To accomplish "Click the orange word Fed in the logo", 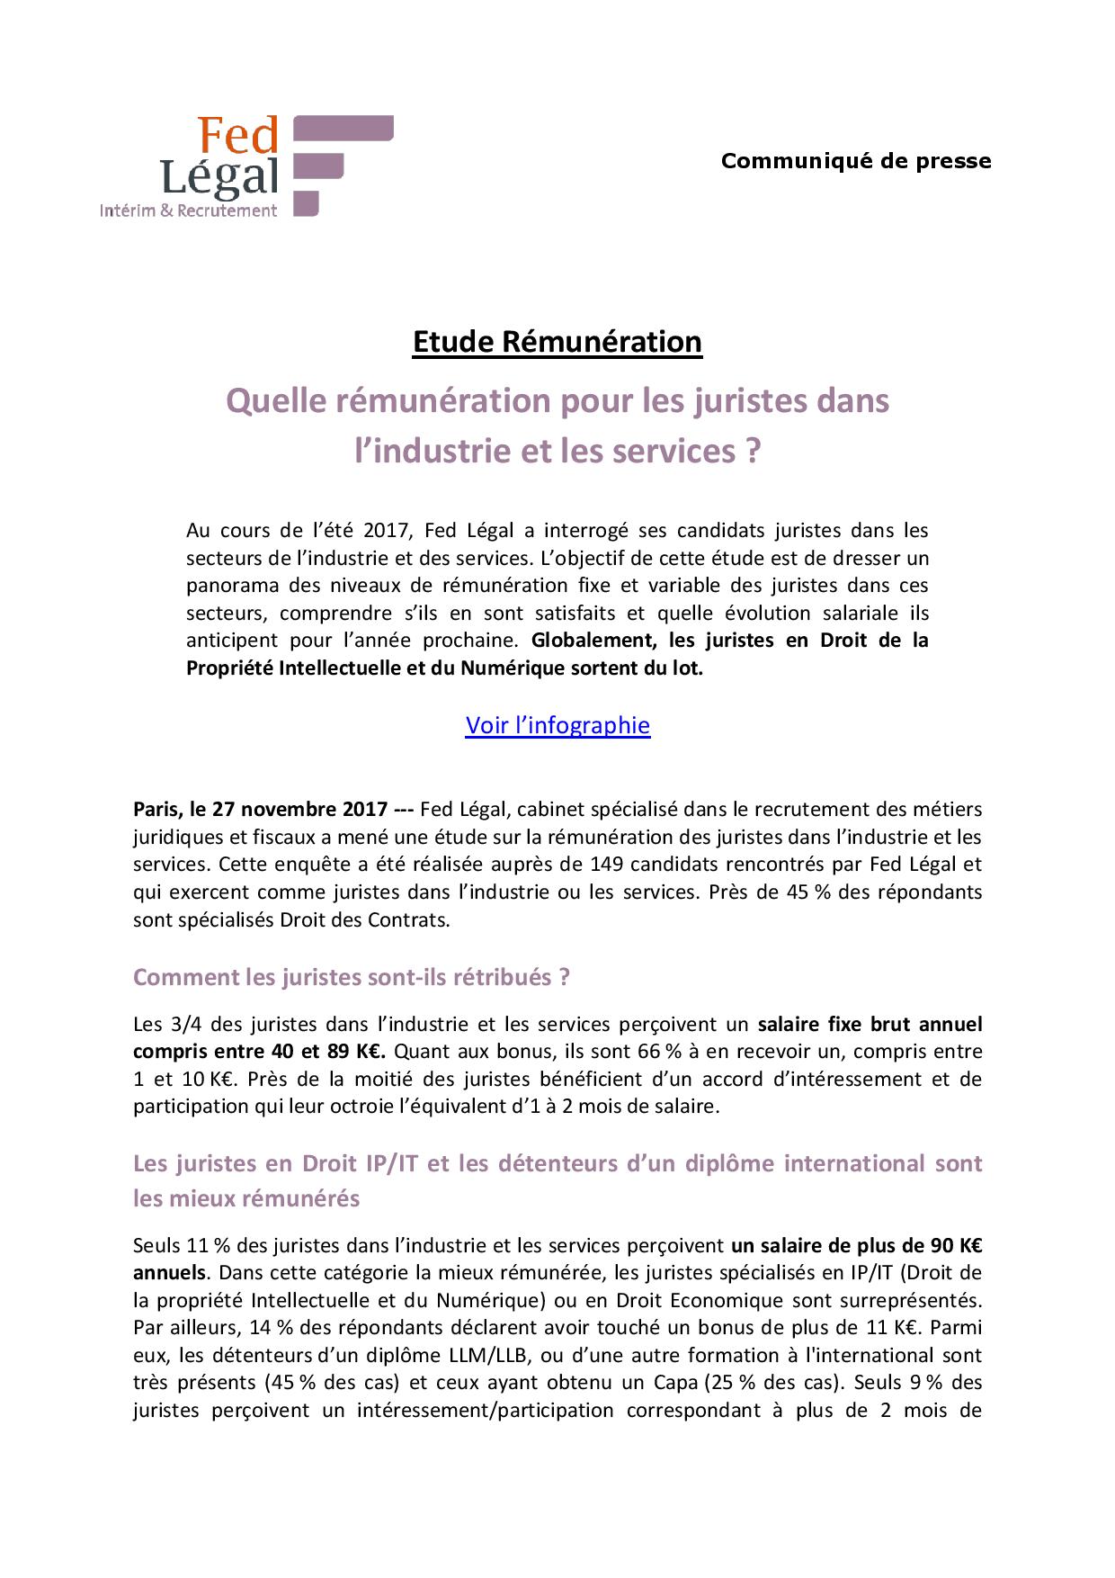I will pyautogui.click(x=237, y=136).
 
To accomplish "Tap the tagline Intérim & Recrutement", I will pyautogui.click(x=188, y=211).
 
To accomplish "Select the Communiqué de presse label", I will pyautogui.click(x=856, y=161).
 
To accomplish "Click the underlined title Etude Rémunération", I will pyautogui.click(x=557, y=342).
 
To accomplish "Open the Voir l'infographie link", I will pyautogui.click(x=557, y=725).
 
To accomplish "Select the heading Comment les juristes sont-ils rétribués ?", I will pyautogui.click(x=352, y=977).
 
